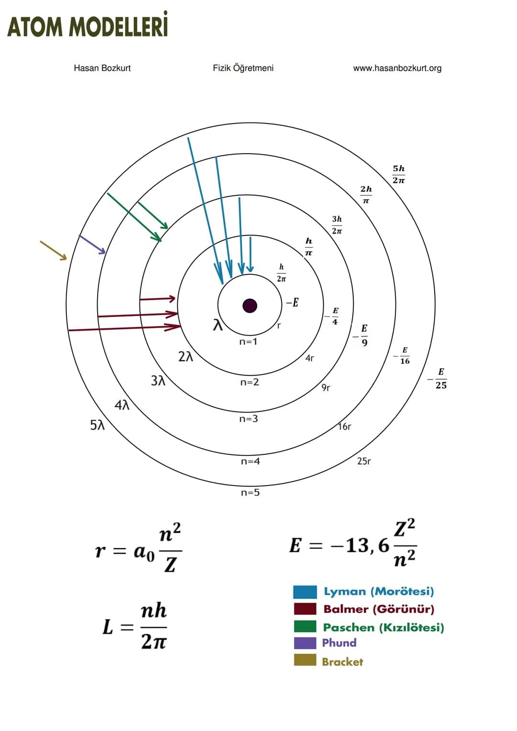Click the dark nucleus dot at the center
(x=250, y=306)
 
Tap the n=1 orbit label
(x=248, y=342)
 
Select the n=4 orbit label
(x=250, y=461)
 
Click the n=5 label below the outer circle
(x=250, y=492)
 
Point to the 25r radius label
(x=364, y=461)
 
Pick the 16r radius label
(x=345, y=426)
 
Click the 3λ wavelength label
(x=158, y=381)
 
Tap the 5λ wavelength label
(x=97, y=425)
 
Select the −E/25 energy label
(x=438, y=379)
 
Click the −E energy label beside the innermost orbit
(x=292, y=303)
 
